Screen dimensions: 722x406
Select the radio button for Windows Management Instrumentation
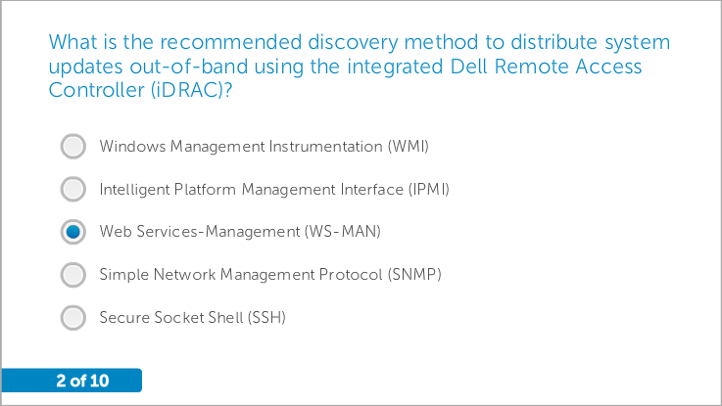tap(73, 146)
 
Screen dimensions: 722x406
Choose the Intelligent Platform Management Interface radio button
tap(73, 189)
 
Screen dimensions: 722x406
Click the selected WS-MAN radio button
tap(73, 232)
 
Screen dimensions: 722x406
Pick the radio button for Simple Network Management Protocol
tap(73, 275)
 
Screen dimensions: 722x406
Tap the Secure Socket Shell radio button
tap(73, 317)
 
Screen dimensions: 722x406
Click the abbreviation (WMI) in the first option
tap(408, 146)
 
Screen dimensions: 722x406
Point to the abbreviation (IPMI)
tap(429, 190)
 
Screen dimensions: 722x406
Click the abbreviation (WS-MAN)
tap(343, 231)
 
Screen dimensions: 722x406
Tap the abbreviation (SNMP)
tap(414, 275)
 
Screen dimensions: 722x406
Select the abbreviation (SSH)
tap(266, 317)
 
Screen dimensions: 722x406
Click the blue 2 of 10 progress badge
tap(72, 381)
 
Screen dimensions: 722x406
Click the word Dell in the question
tap(468, 67)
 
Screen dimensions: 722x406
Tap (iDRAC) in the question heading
tap(191, 90)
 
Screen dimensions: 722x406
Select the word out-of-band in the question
tap(189, 67)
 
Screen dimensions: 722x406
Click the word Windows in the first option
tap(132, 146)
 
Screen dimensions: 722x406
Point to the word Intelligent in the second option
tap(134, 190)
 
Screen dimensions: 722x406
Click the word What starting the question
tap(72, 42)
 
